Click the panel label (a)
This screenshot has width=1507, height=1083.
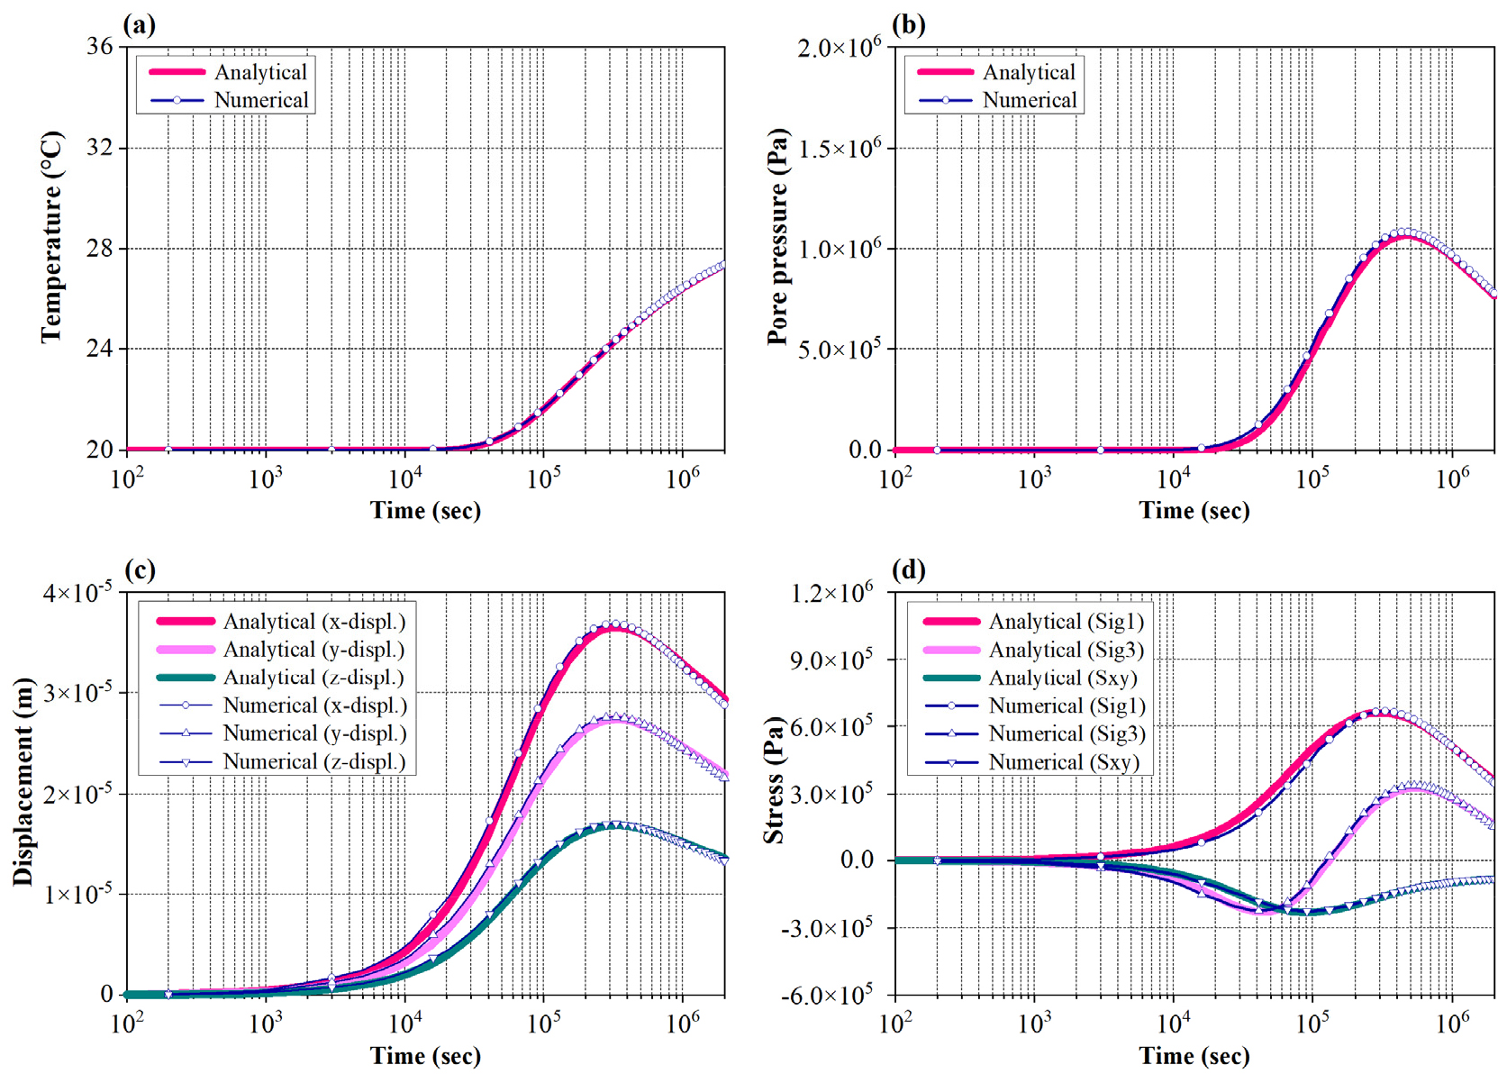click(140, 24)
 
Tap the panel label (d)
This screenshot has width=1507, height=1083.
click(908, 569)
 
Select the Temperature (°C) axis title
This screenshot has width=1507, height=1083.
click(51, 237)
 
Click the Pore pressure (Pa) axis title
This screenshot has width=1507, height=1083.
click(776, 237)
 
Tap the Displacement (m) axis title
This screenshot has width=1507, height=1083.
click(23, 781)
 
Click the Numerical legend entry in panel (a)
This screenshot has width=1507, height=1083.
click(261, 100)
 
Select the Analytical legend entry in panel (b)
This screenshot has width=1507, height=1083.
click(1029, 72)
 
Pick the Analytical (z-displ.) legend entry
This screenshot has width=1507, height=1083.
click(313, 678)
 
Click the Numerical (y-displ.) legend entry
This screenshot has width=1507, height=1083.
click(314, 733)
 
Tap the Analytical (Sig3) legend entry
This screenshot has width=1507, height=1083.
click(1067, 650)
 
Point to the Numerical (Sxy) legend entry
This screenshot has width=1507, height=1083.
click(1064, 762)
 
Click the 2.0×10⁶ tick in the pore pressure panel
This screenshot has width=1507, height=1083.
click(839, 46)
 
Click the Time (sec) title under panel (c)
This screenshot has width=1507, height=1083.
click(425, 1055)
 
